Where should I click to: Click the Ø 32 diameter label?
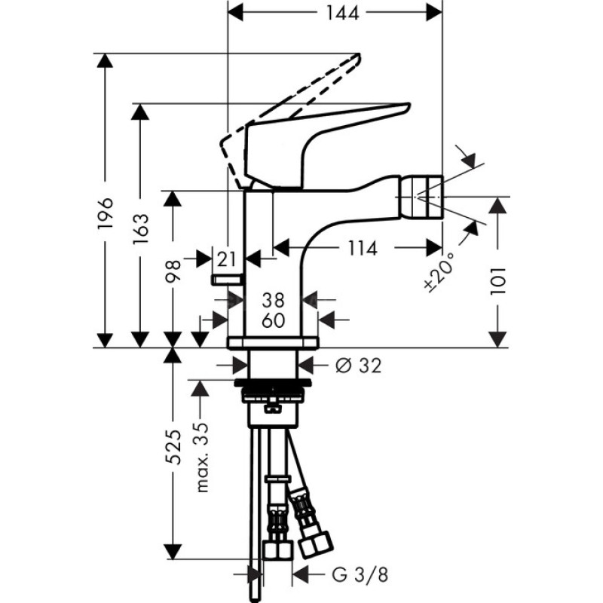pyautogui.click(x=358, y=366)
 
